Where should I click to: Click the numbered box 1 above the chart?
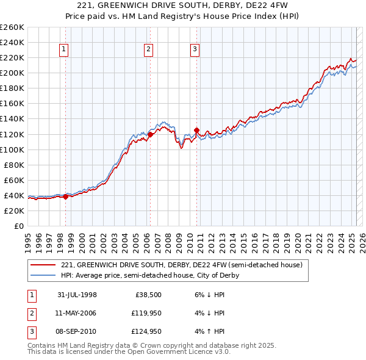(x=65, y=50)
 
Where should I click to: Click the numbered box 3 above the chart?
(x=195, y=50)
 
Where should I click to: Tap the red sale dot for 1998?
(x=66, y=196)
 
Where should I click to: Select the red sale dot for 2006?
(x=150, y=134)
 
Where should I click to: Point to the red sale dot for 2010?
(x=196, y=130)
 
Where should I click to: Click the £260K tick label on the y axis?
(x=12, y=27)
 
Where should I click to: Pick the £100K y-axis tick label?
(x=12, y=149)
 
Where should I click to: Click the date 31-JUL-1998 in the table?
(x=77, y=295)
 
